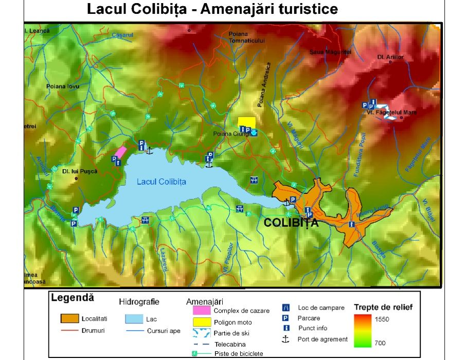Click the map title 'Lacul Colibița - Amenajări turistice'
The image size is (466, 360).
pyautogui.click(x=212, y=9)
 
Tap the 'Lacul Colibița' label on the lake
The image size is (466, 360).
pyautogui.click(x=162, y=182)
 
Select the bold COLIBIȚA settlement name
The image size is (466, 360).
pyautogui.click(x=291, y=223)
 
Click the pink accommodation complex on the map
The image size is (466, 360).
pyautogui.click(x=120, y=152)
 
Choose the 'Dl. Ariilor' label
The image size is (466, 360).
pyautogui.click(x=391, y=57)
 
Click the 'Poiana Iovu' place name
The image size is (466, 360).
pyautogui.click(x=63, y=86)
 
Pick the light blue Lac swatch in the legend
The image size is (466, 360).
pyautogui.click(x=134, y=319)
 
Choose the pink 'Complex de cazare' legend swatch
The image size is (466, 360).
pyautogui.click(x=201, y=311)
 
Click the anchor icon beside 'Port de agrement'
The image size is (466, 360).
pyautogui.click(x=286, y=339)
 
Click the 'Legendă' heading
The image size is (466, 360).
pyautogui.click(x=73, y=298)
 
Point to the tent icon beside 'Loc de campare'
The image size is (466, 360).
pyautogui.click(x=286, y=308)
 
